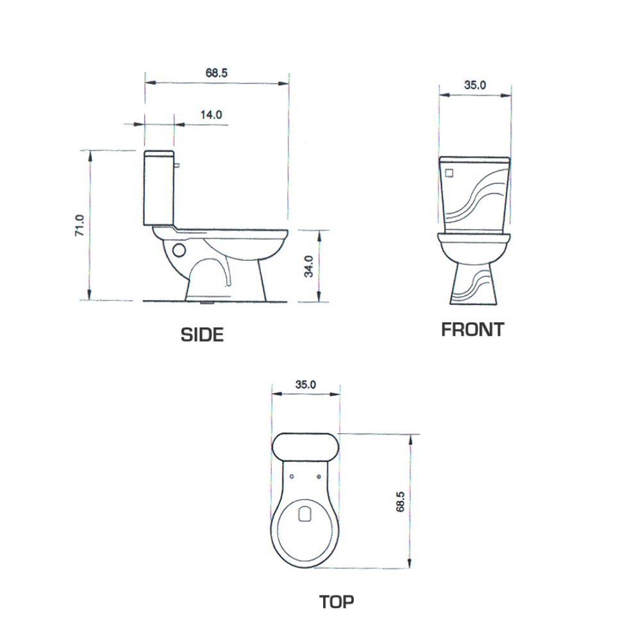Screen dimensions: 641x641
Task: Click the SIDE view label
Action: [x=202, y=334]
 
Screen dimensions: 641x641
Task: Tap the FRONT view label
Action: [x=472, y=329]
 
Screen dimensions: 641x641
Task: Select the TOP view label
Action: [x=337, y=602]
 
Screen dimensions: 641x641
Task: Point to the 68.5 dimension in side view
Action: [x=217, y=73]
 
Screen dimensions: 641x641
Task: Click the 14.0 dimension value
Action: [x=211, y=115]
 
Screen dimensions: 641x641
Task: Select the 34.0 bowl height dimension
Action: [x=309, y=265]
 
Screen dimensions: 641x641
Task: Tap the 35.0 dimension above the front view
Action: [x=475, y=85]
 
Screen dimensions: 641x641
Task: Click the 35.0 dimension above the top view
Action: [x=306, y=385]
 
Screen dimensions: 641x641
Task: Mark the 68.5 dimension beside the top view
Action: [x=400, y=501]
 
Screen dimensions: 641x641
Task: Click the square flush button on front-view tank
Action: [x=449, y=172]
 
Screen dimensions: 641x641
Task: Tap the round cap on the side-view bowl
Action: [x=179, y=249]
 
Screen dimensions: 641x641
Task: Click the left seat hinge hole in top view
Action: [x=292, y=476]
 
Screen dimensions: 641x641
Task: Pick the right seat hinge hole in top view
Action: [x=319, y=476]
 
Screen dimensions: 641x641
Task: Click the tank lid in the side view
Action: [x=158, y=154]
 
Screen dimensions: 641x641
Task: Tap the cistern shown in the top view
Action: [x=306, y=446]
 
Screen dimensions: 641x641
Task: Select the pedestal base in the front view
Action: [x=474, y=282]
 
